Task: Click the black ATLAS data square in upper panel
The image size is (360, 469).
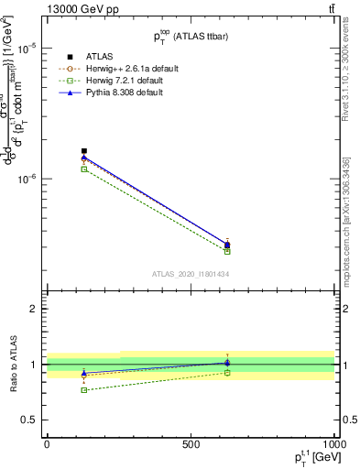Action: [84, 151]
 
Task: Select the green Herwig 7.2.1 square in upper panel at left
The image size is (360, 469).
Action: [84, 169]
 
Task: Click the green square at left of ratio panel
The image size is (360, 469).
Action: [84, 390]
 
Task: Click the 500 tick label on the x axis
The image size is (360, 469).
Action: [191, 443]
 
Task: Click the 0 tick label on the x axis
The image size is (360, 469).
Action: [47, 443]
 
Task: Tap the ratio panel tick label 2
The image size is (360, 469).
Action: [34, 309]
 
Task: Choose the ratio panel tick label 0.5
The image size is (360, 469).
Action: [30, 420]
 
